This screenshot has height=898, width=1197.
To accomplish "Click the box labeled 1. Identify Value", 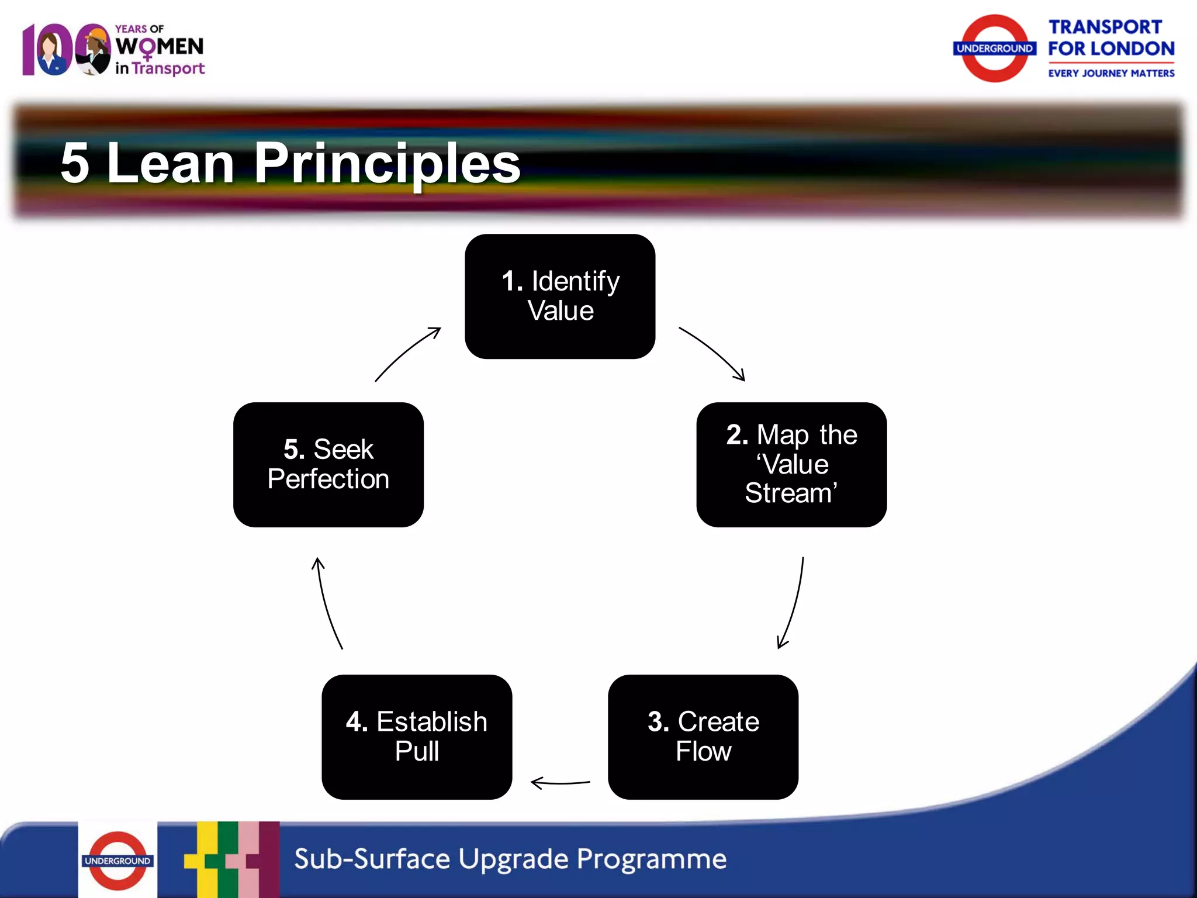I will point(560,296).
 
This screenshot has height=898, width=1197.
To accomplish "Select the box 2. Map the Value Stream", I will point(791,465).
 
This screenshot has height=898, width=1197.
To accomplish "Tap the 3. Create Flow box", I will point(703,737).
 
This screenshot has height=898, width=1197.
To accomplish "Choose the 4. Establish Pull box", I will point(417,737).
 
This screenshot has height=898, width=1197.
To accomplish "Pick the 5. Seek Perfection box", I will point(328,465).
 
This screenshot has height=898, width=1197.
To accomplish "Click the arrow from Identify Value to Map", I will point(713,352).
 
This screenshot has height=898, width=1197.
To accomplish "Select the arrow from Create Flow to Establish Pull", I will point(560,783).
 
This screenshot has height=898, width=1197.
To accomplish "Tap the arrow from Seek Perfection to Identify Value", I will point(407,353).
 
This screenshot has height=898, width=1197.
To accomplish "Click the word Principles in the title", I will point(387,164).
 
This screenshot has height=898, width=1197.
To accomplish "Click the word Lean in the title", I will point(171,164).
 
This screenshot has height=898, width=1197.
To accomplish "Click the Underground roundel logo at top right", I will point(995,49).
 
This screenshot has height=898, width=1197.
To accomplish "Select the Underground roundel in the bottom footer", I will point(117,861).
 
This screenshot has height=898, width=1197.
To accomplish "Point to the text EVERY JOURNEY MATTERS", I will point(1110,74).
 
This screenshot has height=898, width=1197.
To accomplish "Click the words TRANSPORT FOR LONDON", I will point(1110,38).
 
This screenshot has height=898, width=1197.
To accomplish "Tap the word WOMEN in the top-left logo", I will point(159,47).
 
